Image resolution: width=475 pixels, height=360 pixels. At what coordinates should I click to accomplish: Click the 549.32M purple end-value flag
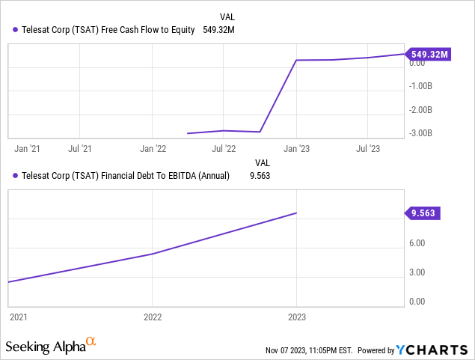(x=429, y=54)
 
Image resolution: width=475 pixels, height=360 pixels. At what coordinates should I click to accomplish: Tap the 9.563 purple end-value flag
(x=424, y=213)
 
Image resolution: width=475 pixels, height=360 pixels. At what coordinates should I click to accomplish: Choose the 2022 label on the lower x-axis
(x=153, y=317)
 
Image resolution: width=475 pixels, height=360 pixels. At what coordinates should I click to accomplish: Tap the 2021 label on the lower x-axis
(x=18, y=317)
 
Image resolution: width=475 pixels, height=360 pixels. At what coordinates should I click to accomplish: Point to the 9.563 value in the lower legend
(x=258, y=176)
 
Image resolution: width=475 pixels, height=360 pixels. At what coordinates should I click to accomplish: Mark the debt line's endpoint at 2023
(x=297, y=213)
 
